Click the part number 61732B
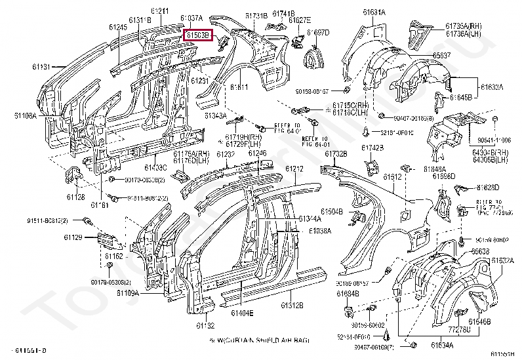tap(334, 153)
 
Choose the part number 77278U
tap(458, 329)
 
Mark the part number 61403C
tap(155, 167)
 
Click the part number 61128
tap(75, 197)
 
